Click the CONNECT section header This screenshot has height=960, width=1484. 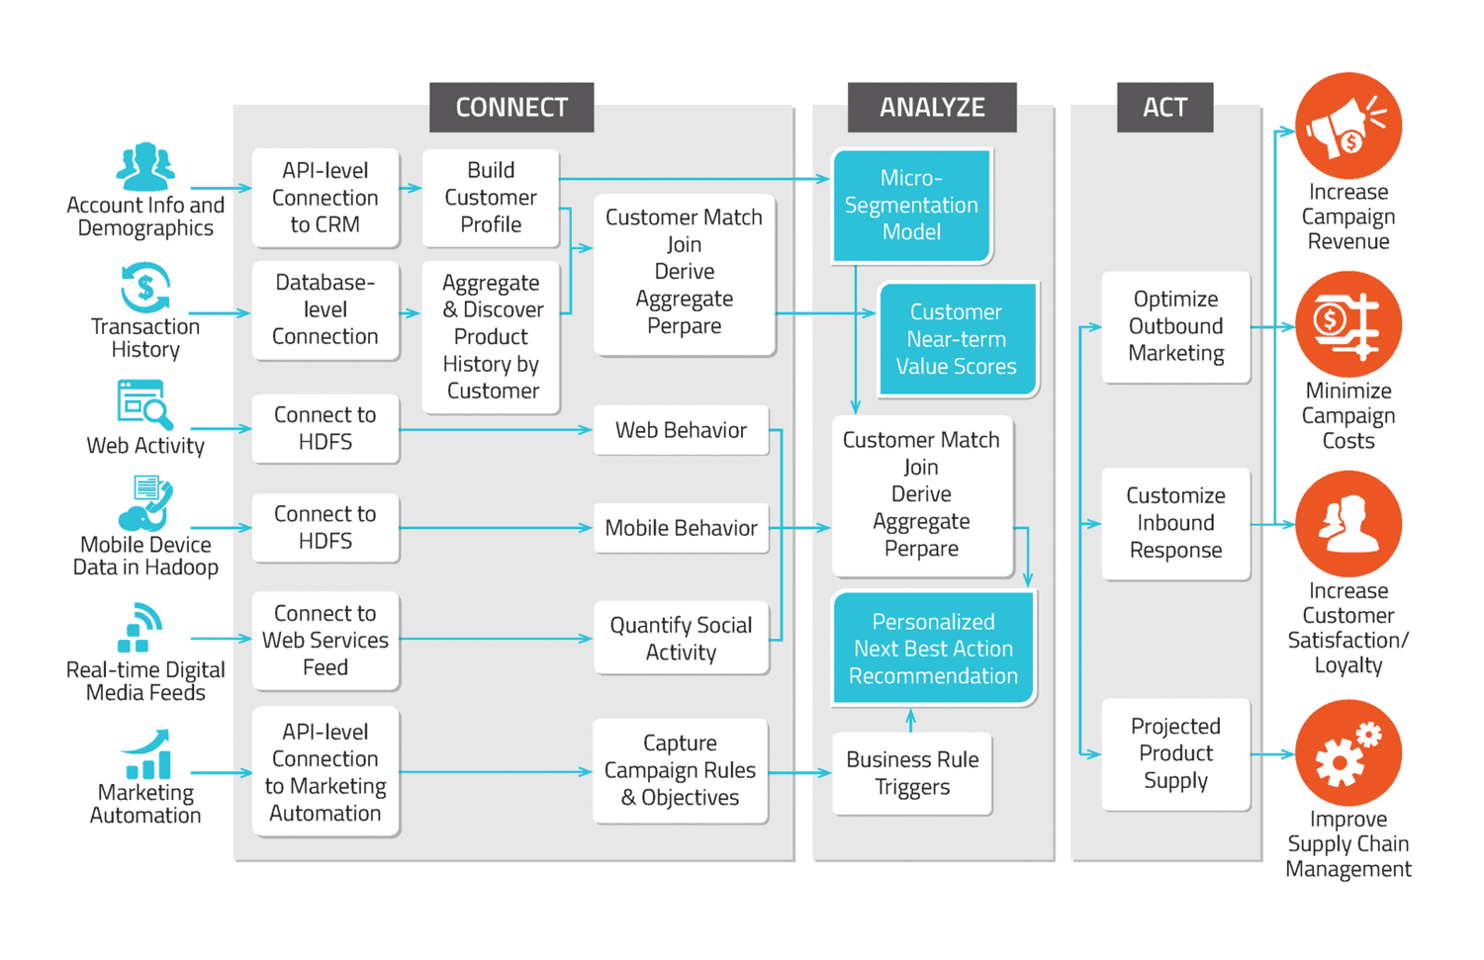[x=511, y=107]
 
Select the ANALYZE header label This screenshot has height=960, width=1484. [x=932, y=107]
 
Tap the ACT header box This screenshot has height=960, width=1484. [x=1164, y=107]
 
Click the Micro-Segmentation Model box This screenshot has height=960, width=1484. [x=911, y=205]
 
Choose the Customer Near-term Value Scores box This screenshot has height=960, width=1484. [x=957, y=339]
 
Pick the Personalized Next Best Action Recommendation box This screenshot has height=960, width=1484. [x=933, y=649]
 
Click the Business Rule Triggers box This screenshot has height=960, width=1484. [x=912, y=773]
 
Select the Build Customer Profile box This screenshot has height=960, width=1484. [x=491, y=198]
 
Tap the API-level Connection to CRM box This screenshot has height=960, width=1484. [x=325, y=198]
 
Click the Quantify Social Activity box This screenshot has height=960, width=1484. [x=681, y=639]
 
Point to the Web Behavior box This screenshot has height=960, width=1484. [x=681, y=430]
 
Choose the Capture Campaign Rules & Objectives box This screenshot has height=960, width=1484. [x=680, y=770]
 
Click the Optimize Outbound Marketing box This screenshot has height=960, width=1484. [x=1175, y=326]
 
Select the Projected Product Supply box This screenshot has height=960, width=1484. [x=1175, y=753]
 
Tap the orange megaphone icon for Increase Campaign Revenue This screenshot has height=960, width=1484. [x=1347, y=126]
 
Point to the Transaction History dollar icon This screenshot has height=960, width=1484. [x=145, y=288]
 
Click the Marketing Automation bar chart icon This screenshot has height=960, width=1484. [x=146, y=756]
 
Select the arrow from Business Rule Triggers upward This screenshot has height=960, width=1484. [x=911, y=720]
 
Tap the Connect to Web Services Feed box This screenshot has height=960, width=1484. [x=325, y=640]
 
